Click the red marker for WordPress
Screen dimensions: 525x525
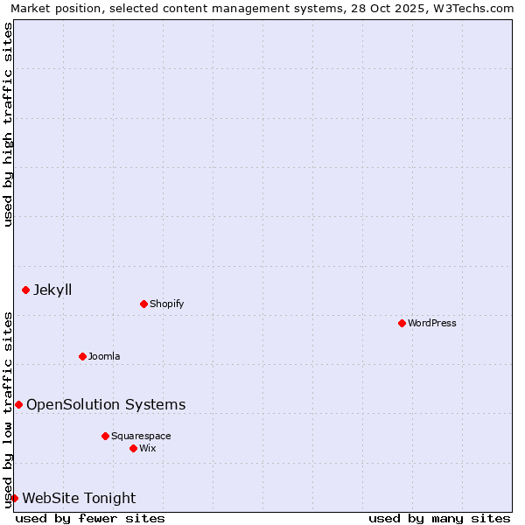(402, 323)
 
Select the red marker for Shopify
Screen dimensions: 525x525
(143, 304)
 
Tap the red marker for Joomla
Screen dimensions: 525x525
(82, 356)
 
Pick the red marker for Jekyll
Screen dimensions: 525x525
(25, 290)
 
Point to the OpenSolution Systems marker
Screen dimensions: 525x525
(18, 404)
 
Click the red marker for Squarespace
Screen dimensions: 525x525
(105, 436)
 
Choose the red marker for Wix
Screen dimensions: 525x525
(133, 448)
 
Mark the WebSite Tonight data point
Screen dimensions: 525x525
(14, 498)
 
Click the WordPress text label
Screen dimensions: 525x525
(432, 323)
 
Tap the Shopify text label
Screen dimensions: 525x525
(166, 304)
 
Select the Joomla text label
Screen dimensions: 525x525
(104, 356)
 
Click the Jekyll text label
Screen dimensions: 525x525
(52, 290)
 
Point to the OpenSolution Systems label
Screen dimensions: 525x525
(106, 404)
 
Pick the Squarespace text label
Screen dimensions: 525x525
(141, 436)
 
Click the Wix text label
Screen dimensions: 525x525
(148, 448)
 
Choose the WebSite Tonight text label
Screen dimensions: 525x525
(79, 498)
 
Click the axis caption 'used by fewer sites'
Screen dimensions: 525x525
(90, 518)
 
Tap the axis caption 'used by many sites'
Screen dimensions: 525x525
(439, 518)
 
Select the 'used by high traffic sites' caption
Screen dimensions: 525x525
(8, 124)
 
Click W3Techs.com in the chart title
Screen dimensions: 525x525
(477, 8)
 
